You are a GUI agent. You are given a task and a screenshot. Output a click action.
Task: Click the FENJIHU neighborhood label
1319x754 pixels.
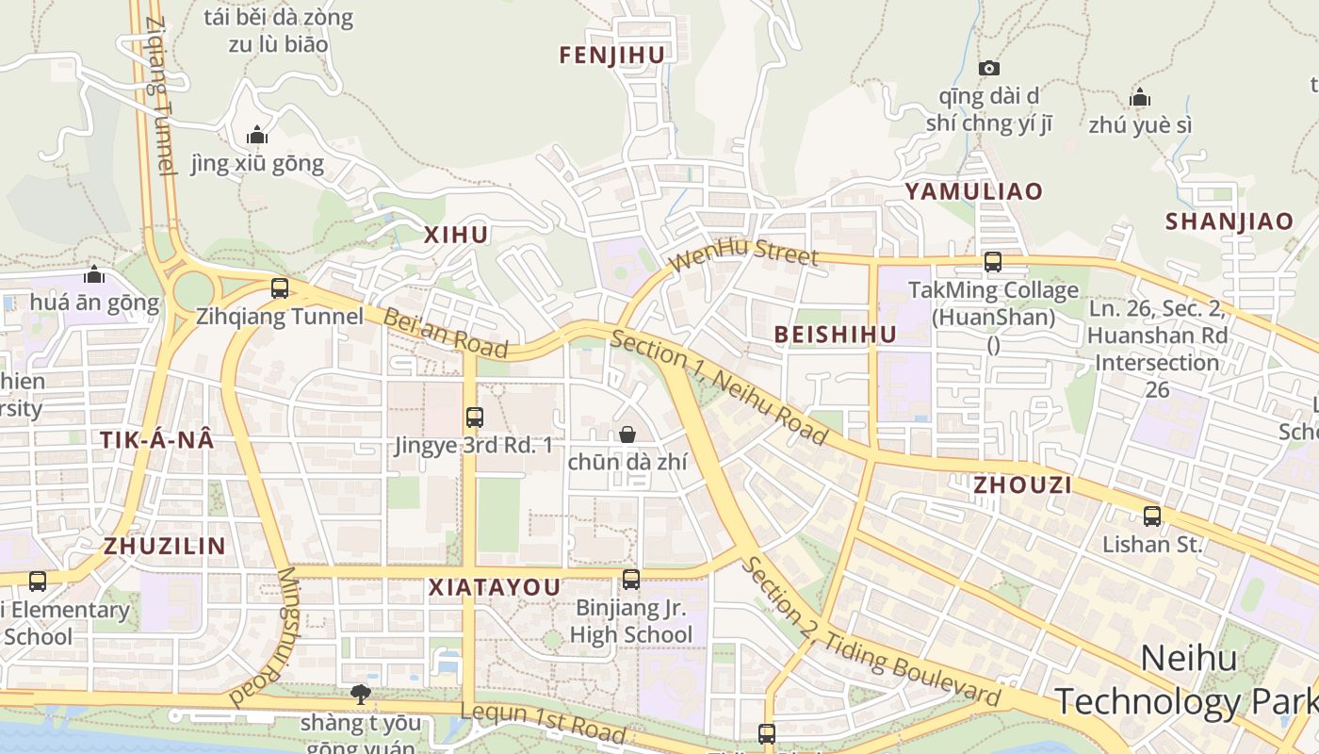coord(612,56)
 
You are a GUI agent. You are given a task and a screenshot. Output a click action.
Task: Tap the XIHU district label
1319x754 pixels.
coord(456,235)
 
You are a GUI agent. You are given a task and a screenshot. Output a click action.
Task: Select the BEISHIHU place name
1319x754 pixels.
coord(836,334)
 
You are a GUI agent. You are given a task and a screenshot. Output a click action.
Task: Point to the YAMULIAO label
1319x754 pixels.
coord(974,191)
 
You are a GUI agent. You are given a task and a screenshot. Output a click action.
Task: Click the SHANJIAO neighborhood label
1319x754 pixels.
coord(1229,221)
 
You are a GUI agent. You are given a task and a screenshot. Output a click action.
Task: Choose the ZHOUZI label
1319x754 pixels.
coord(1022,484)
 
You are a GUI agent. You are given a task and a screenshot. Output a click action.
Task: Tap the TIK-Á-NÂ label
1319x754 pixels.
coord(157,439)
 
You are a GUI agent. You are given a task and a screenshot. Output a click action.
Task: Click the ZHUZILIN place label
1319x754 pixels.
coord(165,546)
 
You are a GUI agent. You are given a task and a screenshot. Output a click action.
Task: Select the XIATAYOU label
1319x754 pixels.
coord(495,587)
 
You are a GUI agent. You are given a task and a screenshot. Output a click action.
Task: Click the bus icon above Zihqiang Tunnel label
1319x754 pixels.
coord(280,288)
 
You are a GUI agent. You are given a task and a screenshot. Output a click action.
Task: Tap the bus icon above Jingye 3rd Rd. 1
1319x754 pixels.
coord(475,417)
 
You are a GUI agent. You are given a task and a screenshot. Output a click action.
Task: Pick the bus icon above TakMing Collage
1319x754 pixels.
coord(993,262)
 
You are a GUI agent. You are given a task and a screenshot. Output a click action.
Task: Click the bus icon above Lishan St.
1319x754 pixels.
coord(1152,516)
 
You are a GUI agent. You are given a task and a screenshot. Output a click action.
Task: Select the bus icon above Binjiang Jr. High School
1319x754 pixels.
coord(631,579)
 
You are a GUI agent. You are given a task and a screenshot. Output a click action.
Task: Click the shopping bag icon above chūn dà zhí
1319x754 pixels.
coord(627,434)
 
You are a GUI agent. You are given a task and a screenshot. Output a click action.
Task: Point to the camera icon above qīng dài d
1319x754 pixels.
coord(989,68)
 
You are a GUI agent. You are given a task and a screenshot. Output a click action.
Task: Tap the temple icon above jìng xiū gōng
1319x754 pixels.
coord(256,135)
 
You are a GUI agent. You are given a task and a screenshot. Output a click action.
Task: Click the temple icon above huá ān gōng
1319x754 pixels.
coord(94,274)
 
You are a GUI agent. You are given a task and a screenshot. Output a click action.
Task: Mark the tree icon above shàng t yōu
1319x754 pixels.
coord(360,695)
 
